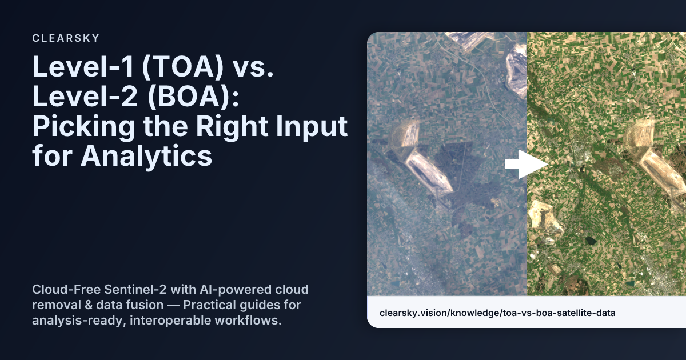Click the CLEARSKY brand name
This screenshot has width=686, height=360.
(x=66, y=38)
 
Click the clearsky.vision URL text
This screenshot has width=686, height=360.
(x=497, y=313)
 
